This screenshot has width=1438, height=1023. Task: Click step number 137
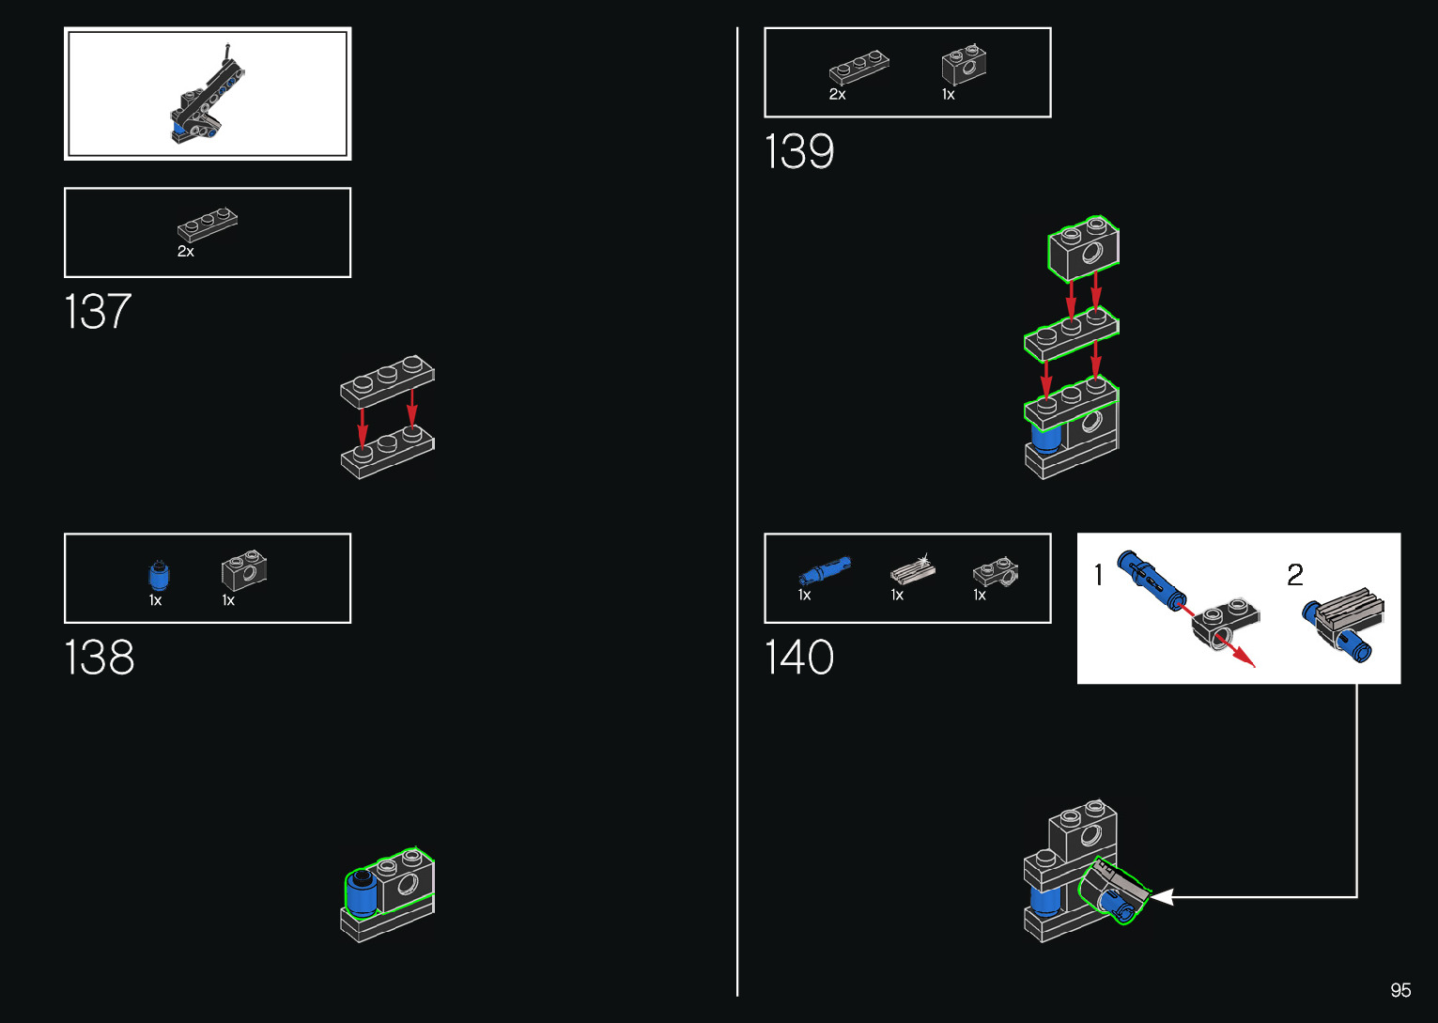tap(98, 312)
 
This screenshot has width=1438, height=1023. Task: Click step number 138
tap(100, 658)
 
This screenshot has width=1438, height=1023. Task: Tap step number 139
tap(799, 152)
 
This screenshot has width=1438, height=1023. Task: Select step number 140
tap(799, 658)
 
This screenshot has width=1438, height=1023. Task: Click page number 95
tap(1400, 990)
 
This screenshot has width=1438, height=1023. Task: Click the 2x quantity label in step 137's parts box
tap(186, 252)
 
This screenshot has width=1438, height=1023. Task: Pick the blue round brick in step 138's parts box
tap(159, 574)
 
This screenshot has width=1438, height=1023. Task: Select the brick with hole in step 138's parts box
tap(244, 569)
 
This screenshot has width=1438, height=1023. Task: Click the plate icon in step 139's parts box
tap(858, 69)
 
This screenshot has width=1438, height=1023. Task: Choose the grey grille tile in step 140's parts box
tap(912, 569)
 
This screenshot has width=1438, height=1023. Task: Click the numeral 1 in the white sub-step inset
tap(1099, 575)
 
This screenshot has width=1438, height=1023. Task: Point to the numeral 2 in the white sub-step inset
tap(1295, 575)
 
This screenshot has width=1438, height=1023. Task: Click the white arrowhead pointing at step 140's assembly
tap(1162, 897)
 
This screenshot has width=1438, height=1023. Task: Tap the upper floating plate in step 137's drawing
tap(387, 380)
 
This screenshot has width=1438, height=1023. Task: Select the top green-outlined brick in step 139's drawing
tap(1083, 249)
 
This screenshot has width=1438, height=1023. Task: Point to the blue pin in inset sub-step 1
tap(1151, 581)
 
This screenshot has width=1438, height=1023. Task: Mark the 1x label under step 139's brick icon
tap(949, 95)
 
